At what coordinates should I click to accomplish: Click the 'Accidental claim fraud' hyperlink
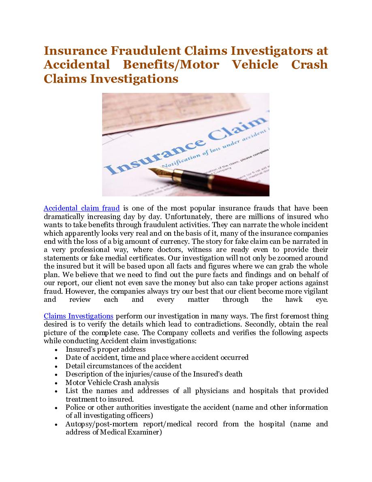pos(81,209)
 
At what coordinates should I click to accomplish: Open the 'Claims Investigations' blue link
pos(78,316)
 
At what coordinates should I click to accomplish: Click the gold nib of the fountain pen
pos(164,170)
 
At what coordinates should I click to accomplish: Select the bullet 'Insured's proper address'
pos(105,349)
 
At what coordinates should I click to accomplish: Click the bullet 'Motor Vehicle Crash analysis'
pos(112,383)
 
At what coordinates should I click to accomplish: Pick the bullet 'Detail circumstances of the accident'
pos(124,366)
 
